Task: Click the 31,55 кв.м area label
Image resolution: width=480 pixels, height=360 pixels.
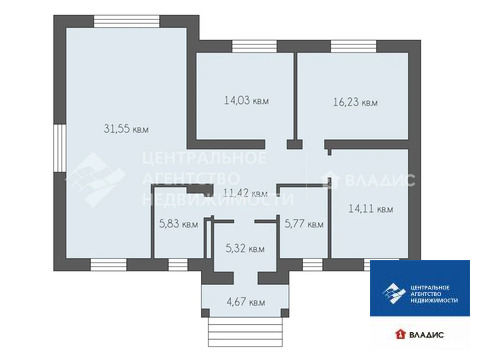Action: pyautogui.click(x=126, y=129)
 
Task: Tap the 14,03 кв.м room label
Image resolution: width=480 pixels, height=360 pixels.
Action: pyautogui.click(x=246, y=100)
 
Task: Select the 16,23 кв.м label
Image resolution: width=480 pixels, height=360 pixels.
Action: pyautogui.click(x=355, y=102)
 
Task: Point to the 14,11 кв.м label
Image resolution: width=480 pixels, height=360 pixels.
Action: pyautogui.click(x=371, y=209)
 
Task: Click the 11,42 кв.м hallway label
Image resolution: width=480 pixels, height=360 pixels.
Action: pyautogui.click(x=245, y=193)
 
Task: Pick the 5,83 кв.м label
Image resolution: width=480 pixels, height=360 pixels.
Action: pyautogui.click(x=179, y=224)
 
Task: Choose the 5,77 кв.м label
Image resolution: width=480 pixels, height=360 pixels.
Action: pyautogui.click(x=304, y=224)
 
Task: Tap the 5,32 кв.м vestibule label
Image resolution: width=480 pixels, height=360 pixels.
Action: pyautogui.click(x=245, y=248)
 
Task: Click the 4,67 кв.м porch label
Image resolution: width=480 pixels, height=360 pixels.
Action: pyautogui.click(x=246, y=302)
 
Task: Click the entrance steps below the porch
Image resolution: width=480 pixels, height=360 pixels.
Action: pyautogui.click(x=245, y=332)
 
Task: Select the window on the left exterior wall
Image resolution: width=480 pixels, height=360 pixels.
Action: pyautogui.click(x=60, y=148)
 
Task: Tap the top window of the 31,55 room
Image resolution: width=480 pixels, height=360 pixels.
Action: pyautogui.click(x=127, y=21)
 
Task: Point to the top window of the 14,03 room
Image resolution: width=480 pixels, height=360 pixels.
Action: pyautogui.click(x=254, y=46)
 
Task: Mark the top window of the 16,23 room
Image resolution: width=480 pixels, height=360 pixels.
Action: pyautogui.click(x=353, y=46)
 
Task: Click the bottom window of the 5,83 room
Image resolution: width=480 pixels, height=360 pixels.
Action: pyautogui.click(x=178, y=265)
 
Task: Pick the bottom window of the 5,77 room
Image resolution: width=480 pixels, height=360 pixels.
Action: pyautogui.click(x=313, y=265)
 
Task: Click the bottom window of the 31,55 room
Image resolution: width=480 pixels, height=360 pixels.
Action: pyautogui.click(x=109, y=265)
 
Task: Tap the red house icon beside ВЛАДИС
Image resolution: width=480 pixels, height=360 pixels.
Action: pyautogui.click(x=400, y=334)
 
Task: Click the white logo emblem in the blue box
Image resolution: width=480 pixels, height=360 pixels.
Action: pyautogui.click(x=394, y=294)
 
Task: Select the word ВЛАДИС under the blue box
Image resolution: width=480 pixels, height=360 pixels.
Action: pyautogui.click(x=426, y=335)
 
